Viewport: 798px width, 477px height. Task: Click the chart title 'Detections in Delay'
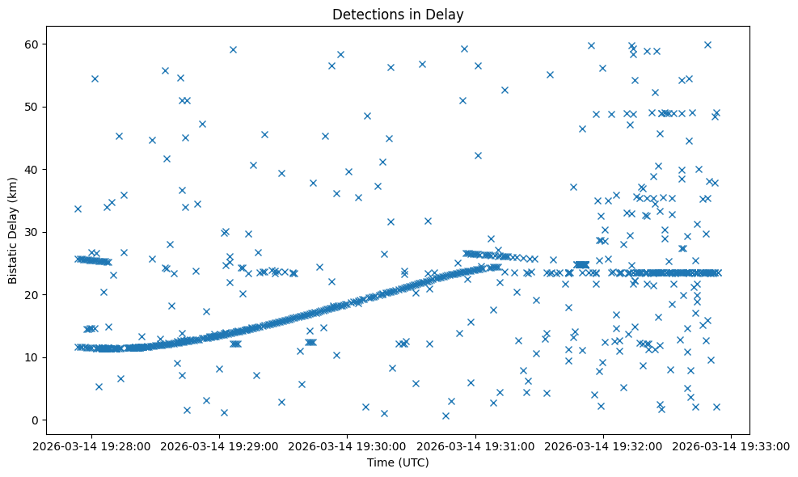[x=398, y=14]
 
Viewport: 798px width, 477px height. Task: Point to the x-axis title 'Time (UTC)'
[x=398, y=462]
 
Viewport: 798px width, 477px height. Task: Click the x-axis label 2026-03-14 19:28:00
[x=91, y=445]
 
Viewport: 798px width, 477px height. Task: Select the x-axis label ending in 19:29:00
[x=219, y=445]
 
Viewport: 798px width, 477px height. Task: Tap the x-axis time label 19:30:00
[x=348, y=445]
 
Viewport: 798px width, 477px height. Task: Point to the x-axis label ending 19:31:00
[x=475, y=445]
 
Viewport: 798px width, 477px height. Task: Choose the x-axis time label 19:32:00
[x=604, y=445]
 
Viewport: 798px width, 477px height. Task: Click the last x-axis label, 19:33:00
[x=732, y=445]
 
